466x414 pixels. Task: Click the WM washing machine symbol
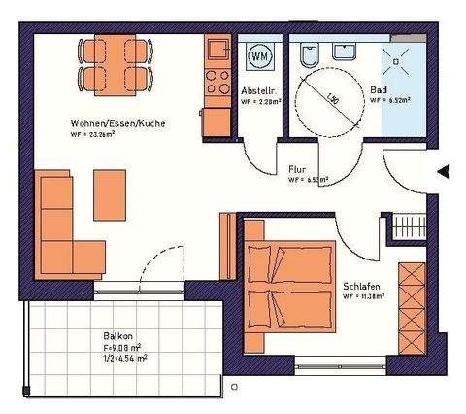260,57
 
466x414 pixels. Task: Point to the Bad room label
378,91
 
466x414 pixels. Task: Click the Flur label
297,169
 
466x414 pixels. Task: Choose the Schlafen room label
360,286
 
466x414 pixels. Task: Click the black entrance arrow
444,172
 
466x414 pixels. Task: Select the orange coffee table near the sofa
108,194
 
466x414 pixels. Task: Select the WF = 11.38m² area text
362,296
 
